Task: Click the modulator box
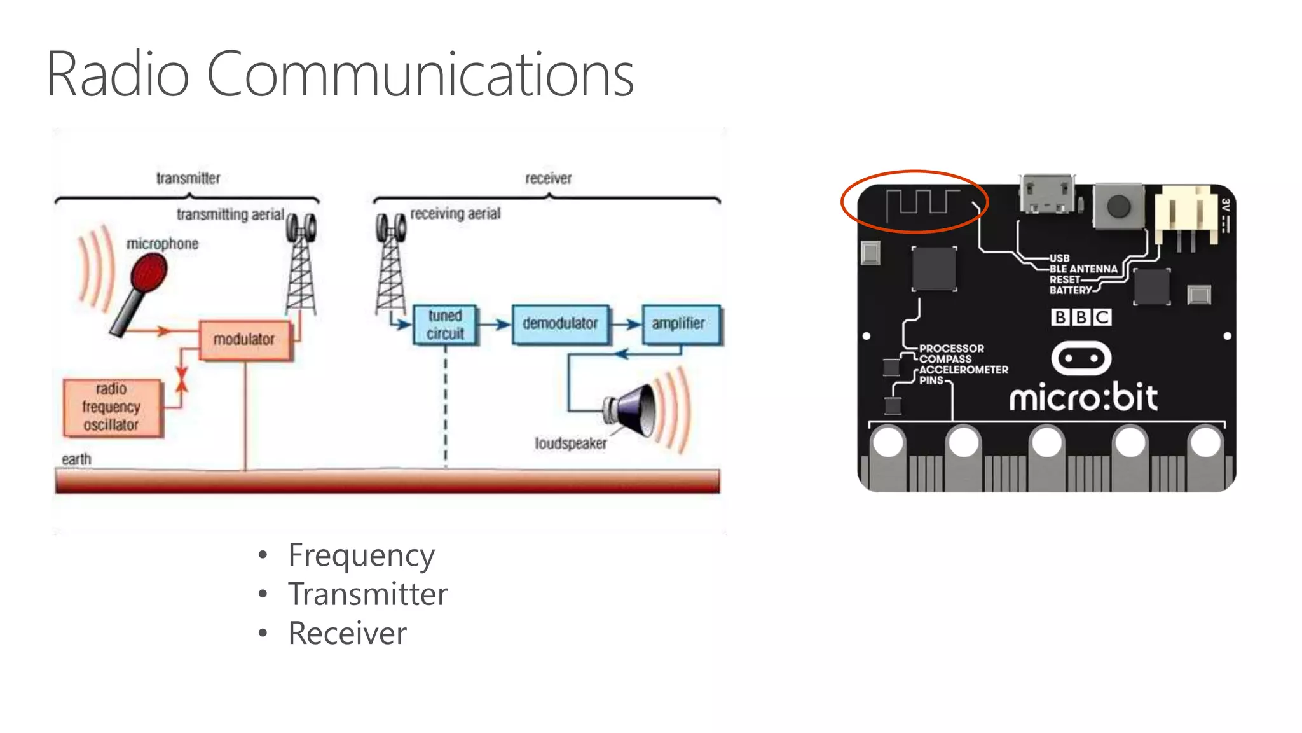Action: click(245, 340)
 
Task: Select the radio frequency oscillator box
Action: click(112, 407)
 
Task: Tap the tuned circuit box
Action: click(445, 325)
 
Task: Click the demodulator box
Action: click(560, 324)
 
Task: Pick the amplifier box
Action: click(680, 324)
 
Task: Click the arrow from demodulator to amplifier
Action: click(626, 325)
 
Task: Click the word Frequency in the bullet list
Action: click(361, 555)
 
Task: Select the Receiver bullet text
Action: click(347, 633)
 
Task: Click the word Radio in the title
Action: click(118, 75)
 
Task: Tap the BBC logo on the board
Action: click(1081, 317)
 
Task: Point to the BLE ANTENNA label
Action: click(1083, 269)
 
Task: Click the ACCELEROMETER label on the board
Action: click(963, 370)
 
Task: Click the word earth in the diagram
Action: click(76, 459)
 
